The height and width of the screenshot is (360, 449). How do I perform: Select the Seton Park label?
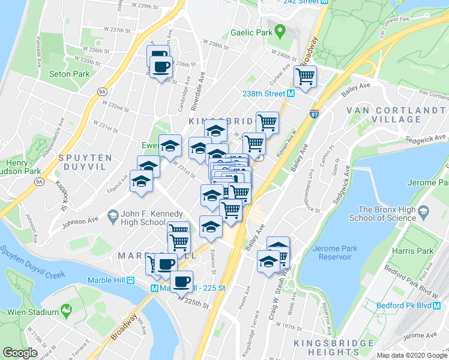[69, 74]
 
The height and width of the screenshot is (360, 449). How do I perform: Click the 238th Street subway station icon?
[291, 94]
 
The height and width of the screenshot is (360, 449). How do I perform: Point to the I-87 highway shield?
[314, 113]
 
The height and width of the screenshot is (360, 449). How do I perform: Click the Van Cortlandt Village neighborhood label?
[391, 115]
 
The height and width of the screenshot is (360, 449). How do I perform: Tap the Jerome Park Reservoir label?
[333, 253]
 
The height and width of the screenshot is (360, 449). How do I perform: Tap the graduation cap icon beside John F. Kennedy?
[112, 215]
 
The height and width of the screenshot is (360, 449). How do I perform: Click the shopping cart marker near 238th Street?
[306, 76]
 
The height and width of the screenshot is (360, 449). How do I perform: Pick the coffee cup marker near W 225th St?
[181, 280]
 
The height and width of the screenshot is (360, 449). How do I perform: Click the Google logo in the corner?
[20, 353]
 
